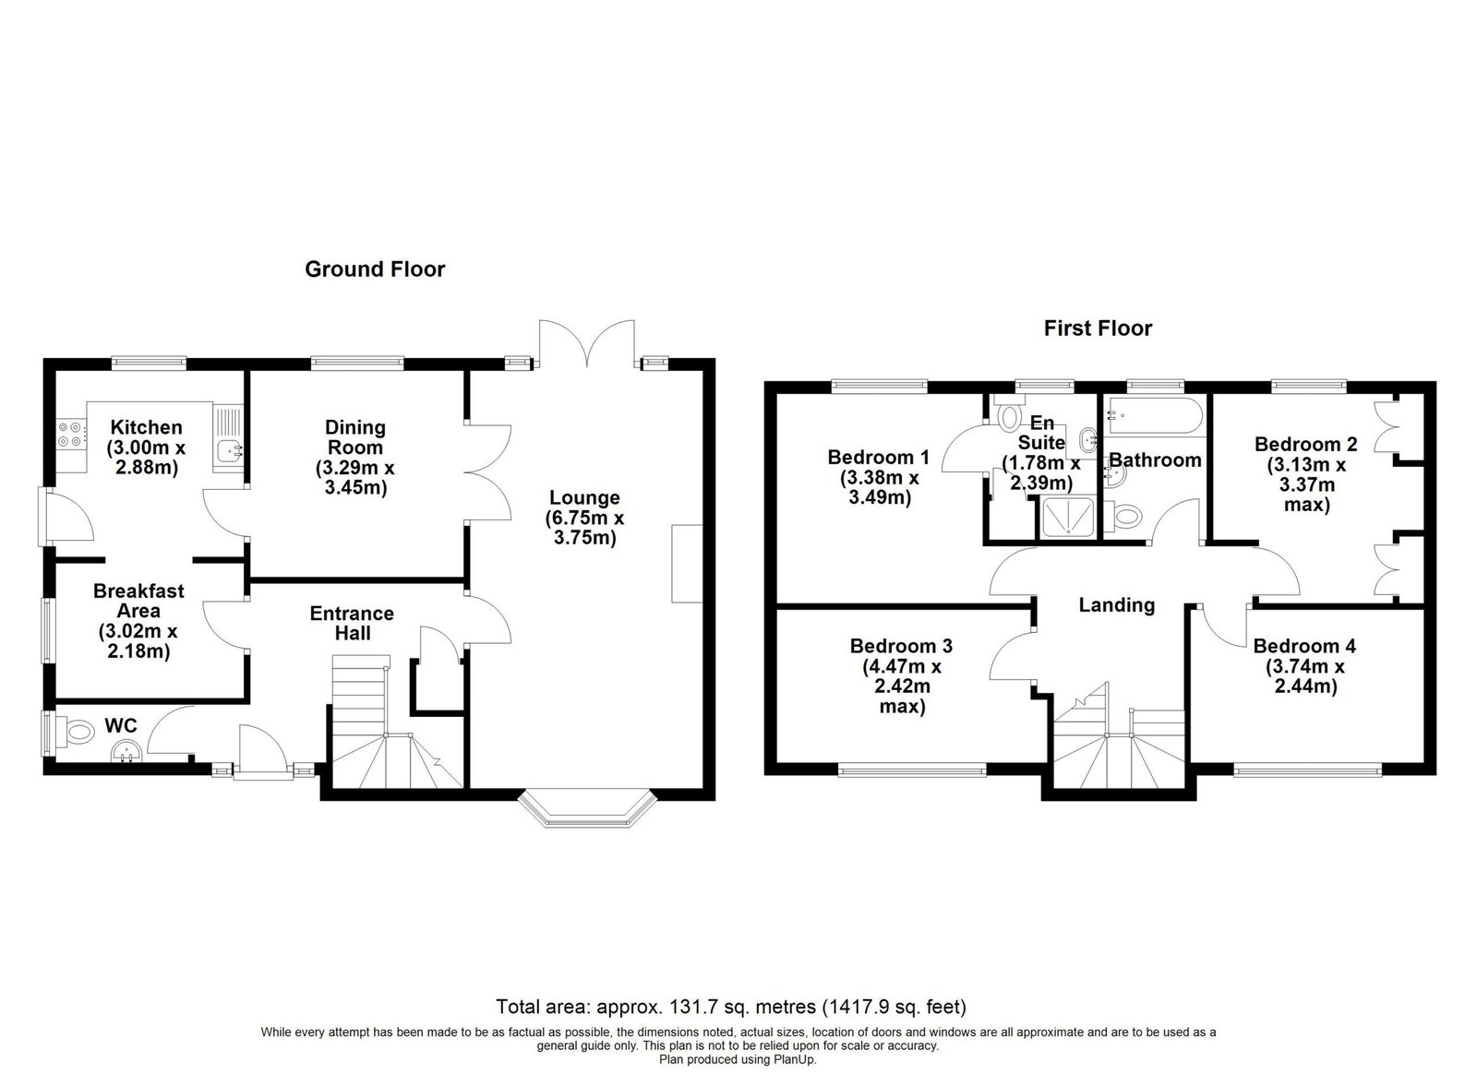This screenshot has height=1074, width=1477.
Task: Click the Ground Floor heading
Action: pyautogui.click(x=375, y=268)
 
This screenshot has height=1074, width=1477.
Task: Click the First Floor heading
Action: pyautogui.click(x=1098, y=328)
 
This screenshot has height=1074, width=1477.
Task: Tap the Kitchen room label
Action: pyautogui.click(x=147, y=427)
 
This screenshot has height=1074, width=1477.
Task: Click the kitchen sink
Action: pyautogui.click(x=227, y=451)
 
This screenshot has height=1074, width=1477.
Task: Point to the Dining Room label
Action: pyautogui.click(x=354, y=437)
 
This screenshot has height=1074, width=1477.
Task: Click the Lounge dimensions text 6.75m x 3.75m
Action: pyautogui.click(x=585, y=528)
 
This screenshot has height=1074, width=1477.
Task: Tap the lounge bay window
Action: pyautogui.click(x=588, y=807)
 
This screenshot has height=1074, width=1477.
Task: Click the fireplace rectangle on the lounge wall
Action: pyautogui.click(x=687, y=564)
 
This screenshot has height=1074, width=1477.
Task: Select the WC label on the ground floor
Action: pyautogui.click(x=121, y=725)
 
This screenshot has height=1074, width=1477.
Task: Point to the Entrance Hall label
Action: pyautogui.click(x=352, y=623)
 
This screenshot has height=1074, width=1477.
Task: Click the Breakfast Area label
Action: pyautogui.click(x=138, y=601)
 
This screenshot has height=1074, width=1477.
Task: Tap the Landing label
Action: pyautogui.click(x=1117, y=605)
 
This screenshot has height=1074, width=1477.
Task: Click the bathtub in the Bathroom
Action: pyautogui.click(x=1155, y=415)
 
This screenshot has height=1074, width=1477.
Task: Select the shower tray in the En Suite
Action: pyautogui.click(x=1066, y=518)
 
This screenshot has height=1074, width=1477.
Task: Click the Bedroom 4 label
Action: pyautogui.click(x=1305, y=646)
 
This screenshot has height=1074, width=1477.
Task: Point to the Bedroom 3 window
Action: pyautogui.click(x=913, y=769)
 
